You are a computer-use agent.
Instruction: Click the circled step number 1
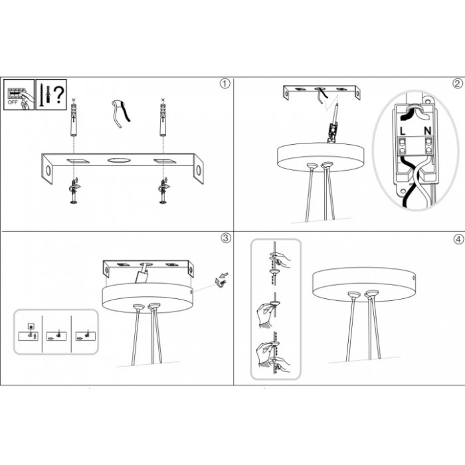[225, 84]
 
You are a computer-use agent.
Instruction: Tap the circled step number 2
[458, 84]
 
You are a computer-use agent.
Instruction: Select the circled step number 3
[226, 238]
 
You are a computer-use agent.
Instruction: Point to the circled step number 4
[458, 239]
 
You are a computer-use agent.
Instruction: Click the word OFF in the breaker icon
[13, 102]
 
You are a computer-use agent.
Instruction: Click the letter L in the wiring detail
[403, 131]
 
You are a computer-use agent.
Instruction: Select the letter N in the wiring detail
[427, 131]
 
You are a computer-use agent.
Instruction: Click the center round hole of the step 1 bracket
[119, 161]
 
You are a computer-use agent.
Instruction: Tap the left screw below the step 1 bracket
[73, 191]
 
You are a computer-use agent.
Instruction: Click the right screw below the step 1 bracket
[163, 191]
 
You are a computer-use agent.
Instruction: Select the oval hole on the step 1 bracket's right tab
[199, 170]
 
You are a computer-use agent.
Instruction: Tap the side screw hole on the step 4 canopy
[414, 278]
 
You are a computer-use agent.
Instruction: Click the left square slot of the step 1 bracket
[78, 161]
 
